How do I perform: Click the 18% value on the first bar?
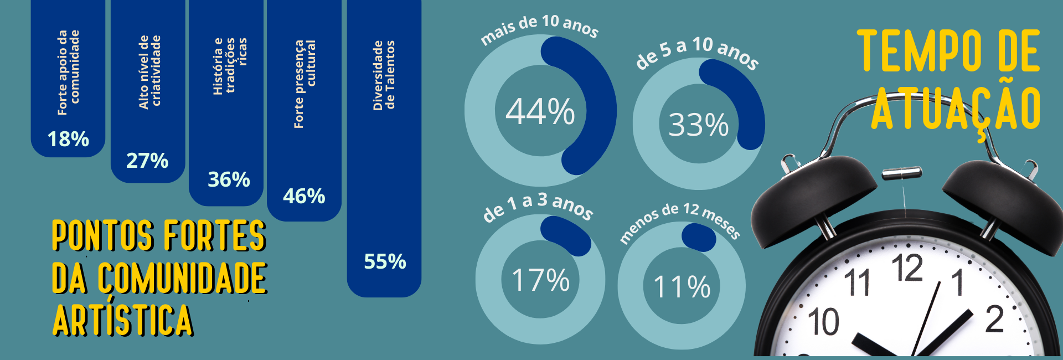tap(68, 139)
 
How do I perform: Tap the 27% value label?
tap(147, 161)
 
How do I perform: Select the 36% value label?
tap(229, 179)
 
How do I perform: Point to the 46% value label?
tap(304, 196)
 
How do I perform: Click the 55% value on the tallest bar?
tap(385, 261)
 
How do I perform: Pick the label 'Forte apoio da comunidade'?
tap(68, 72)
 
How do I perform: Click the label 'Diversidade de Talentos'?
tap(384, 75)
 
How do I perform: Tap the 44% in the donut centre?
tap(540, 111)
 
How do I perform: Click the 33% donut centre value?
tap(699, 125)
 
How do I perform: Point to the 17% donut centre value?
tap(540, 280)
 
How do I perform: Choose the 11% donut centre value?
tap(682, 287)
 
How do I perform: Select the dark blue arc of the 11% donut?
tap(699, 237)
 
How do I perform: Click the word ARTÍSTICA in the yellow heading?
tap(122, 320)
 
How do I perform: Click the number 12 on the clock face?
tap(907, 268)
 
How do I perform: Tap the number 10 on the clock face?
tap(823, 322)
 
